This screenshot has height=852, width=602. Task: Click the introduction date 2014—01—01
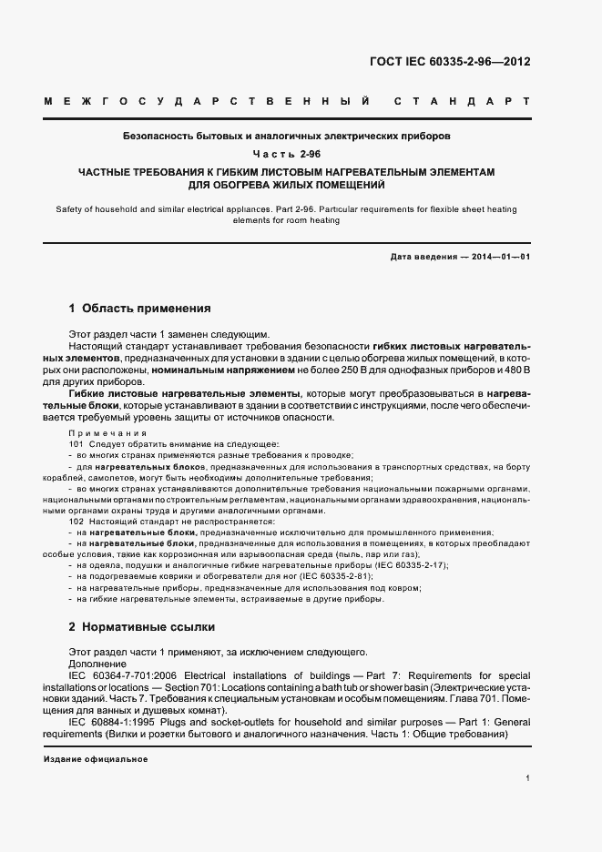pos(501,257)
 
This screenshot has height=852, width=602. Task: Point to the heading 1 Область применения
pos(139,309)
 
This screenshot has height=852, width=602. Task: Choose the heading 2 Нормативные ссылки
pos(141,627)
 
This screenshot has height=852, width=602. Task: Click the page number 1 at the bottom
pos(528,777)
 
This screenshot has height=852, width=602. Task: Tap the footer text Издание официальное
pos(96,758)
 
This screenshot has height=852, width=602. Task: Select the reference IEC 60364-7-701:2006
pos(121,675)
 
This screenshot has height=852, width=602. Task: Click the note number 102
pos(76,521)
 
